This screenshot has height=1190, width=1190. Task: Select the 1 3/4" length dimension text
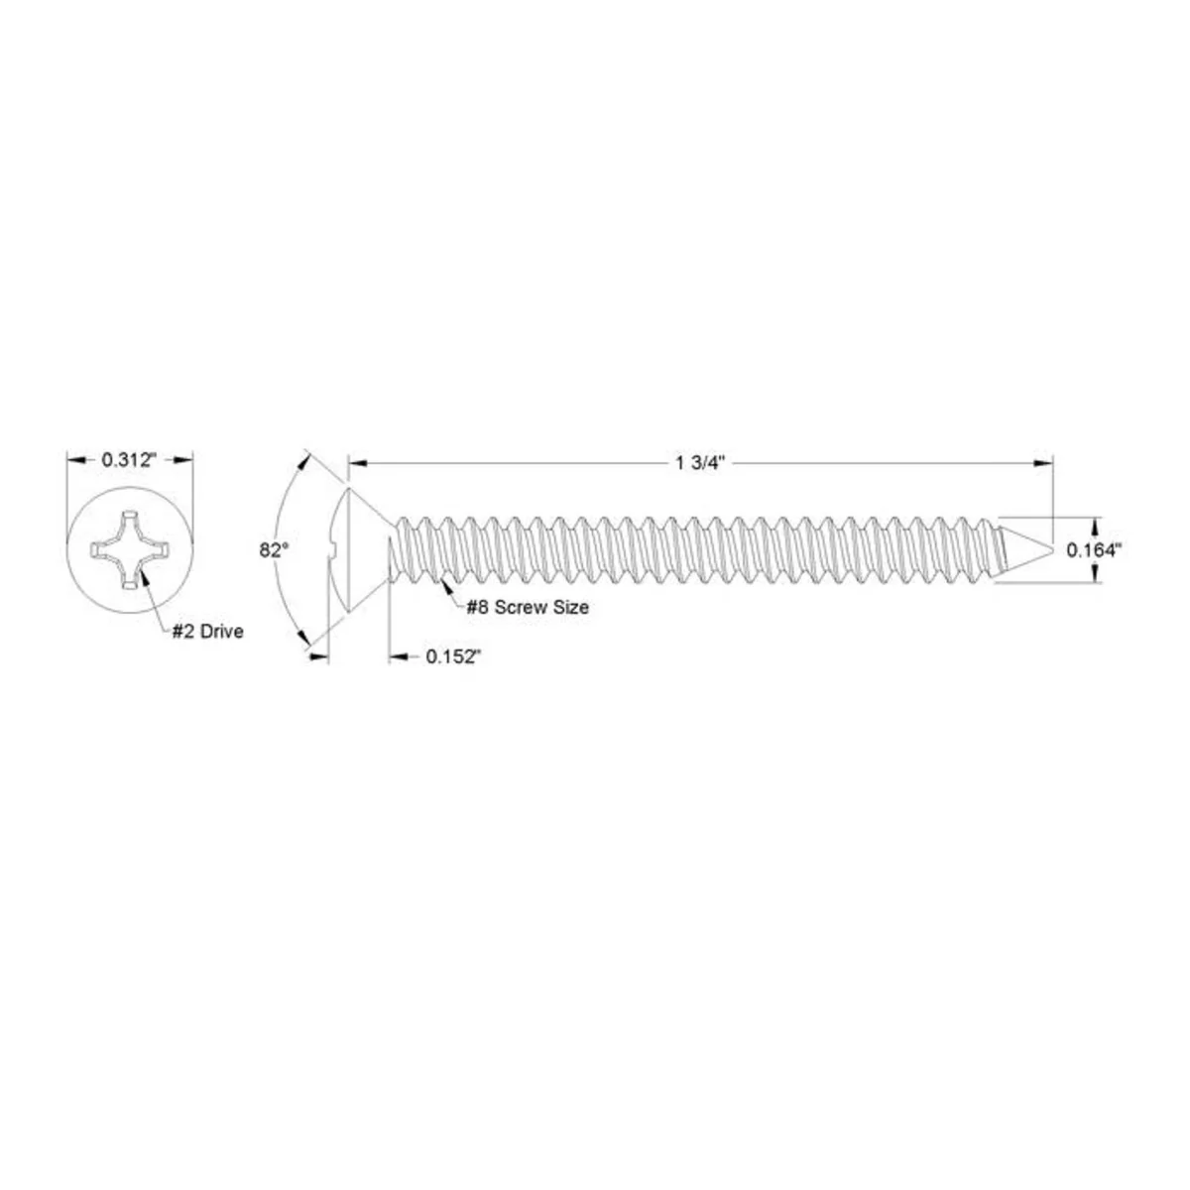click(700, 463)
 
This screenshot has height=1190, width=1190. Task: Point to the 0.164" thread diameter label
click(1093, 550)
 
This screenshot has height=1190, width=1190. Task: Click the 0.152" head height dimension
click(452, 656)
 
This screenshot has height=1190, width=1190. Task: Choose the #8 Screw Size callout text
click(527, 607)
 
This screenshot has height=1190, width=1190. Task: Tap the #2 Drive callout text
click(207, 632)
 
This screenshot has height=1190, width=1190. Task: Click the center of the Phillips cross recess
click(129, 549)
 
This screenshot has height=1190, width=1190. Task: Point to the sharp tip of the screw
click(1052, 549)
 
